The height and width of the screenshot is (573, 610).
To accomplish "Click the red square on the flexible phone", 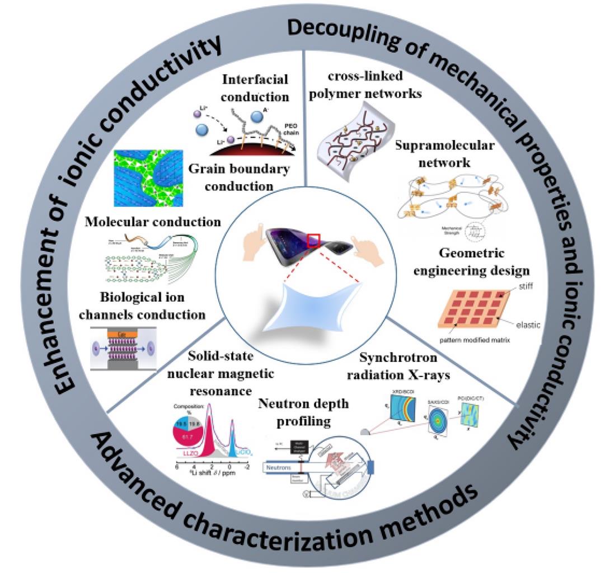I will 313,241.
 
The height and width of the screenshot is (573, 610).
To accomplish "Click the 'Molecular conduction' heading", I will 153,222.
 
